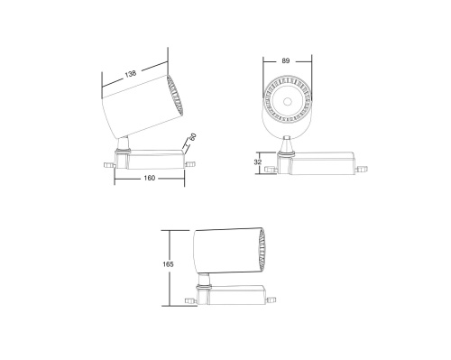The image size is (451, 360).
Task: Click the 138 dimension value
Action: point(133,73)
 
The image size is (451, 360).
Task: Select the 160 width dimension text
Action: point(149,178)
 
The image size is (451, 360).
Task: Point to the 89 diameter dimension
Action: point(287,60)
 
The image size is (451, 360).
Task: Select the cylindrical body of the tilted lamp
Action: point(135,109)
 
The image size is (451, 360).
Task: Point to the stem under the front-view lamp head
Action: point(287,143)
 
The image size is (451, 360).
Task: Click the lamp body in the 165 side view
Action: point(223,248)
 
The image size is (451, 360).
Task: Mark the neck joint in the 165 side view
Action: point(207,279)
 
